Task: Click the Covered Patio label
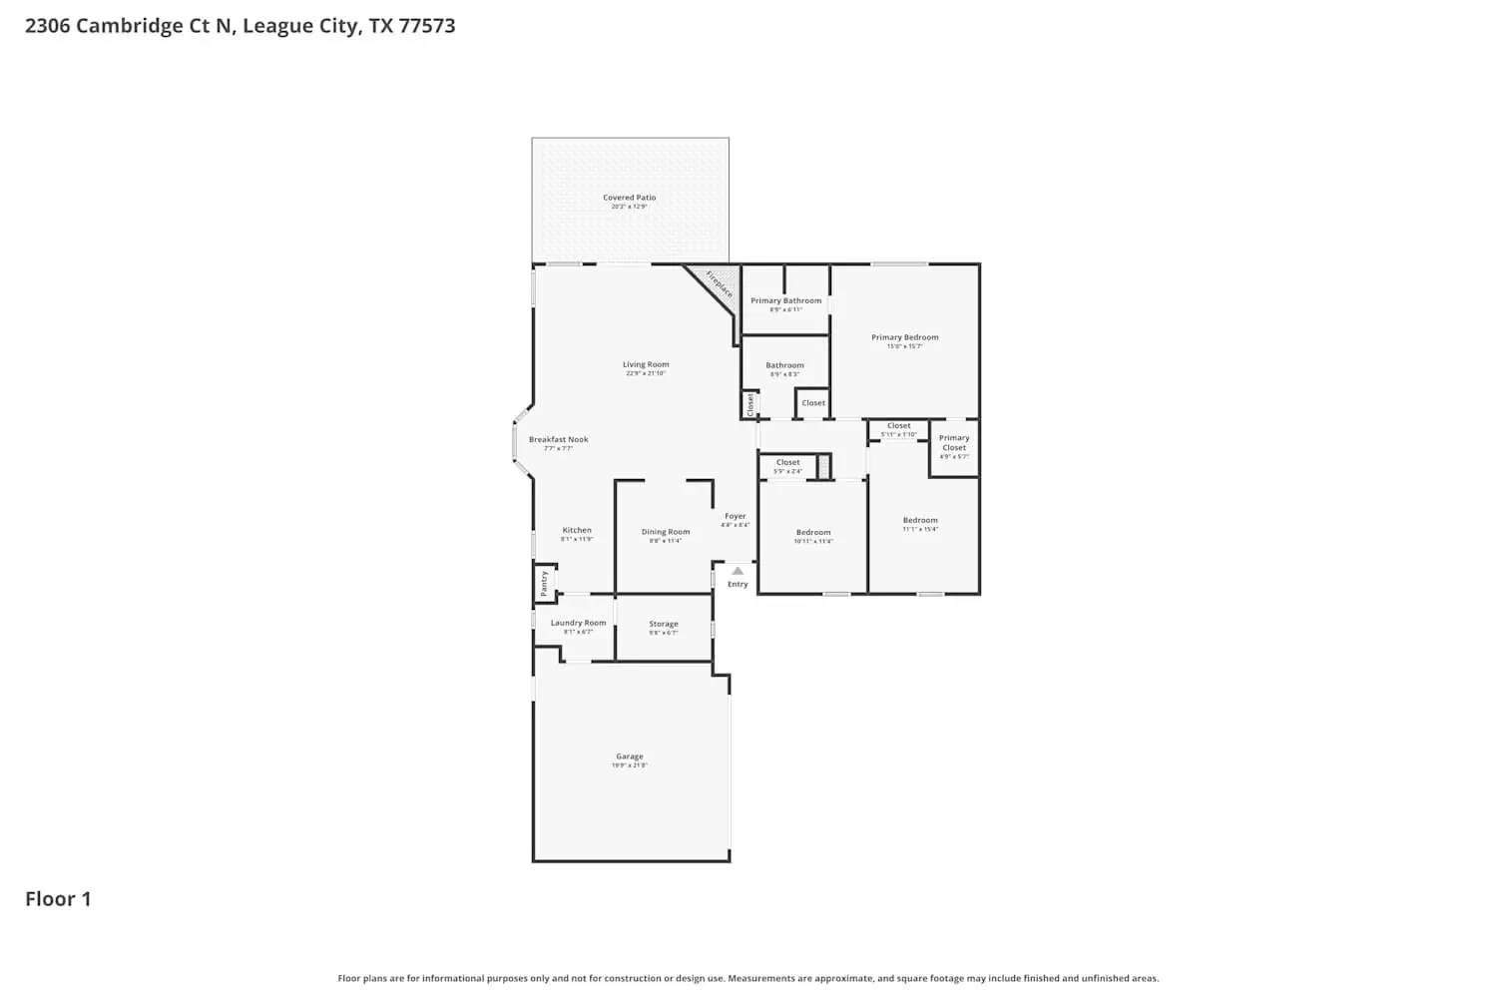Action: [629, 198]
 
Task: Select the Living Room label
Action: [646, 365]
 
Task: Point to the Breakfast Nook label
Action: [558, 440]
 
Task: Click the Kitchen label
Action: [577, 531]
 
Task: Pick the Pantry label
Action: [544, 583]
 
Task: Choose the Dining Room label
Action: [665, 533]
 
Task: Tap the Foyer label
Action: [736, 517]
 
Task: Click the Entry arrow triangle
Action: [738, 571]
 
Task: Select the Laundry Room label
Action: [578, 624]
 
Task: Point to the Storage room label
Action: [664, 625]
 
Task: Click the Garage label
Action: [629, 757]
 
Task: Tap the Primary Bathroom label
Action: [786, 301]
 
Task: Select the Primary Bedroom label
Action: [904, 338]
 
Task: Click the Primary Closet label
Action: [954, 443]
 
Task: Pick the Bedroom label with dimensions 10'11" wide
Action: [813, 533]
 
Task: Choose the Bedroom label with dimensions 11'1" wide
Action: [920, 521]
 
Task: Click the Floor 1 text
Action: [58, 899]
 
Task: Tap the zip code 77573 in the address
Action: [427, 26]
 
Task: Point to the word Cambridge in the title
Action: [129, 26]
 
